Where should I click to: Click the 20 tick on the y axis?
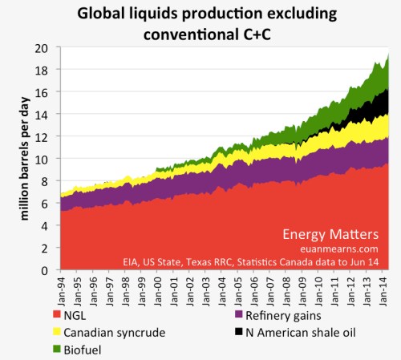pyautogui.click(x=46, y=49)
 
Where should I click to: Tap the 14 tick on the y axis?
pyautogui.click(x=46, y=115)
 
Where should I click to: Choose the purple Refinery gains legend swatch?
pyautogui.click(x=229, y=317)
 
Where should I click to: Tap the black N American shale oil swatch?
pyautogui.click(x=229, y=332)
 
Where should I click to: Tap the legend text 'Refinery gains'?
pyautogui.click(x=277, y=317)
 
